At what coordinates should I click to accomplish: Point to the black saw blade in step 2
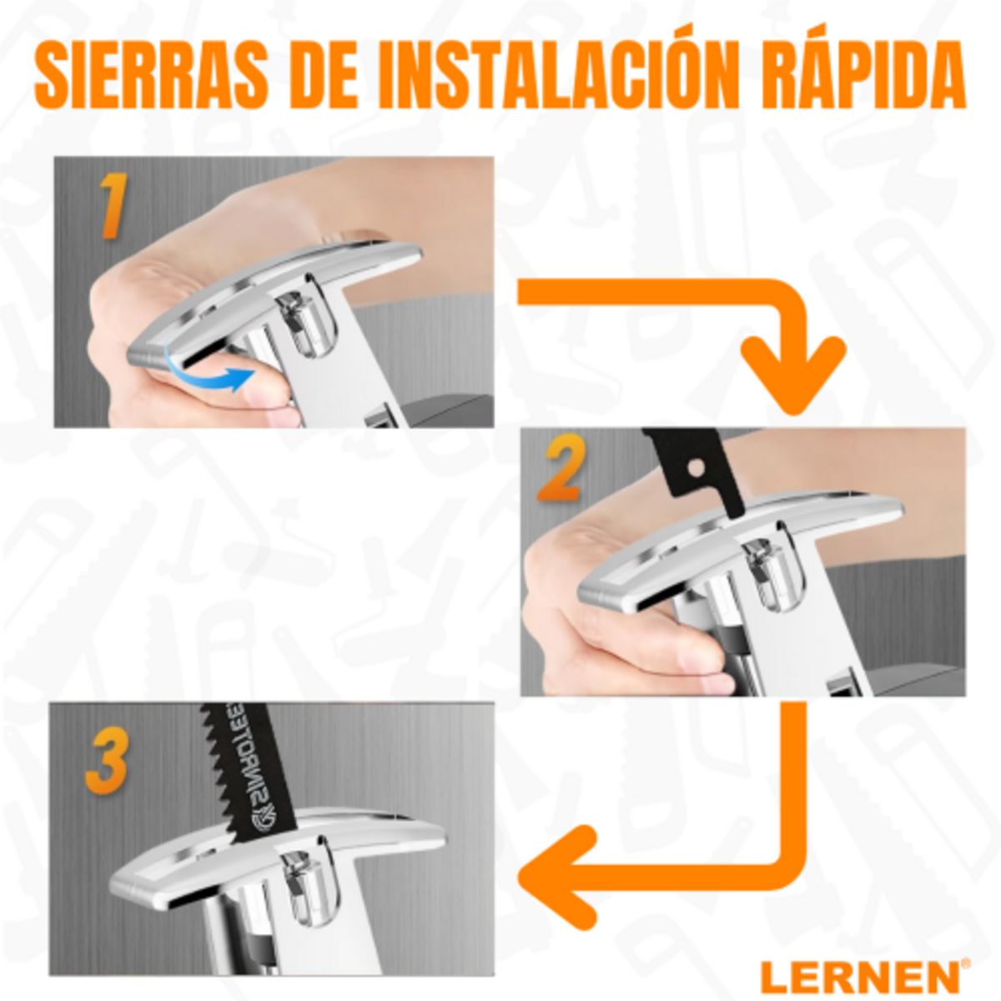tap(697, 467)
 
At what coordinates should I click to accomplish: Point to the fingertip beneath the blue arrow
tap(267, 396)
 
